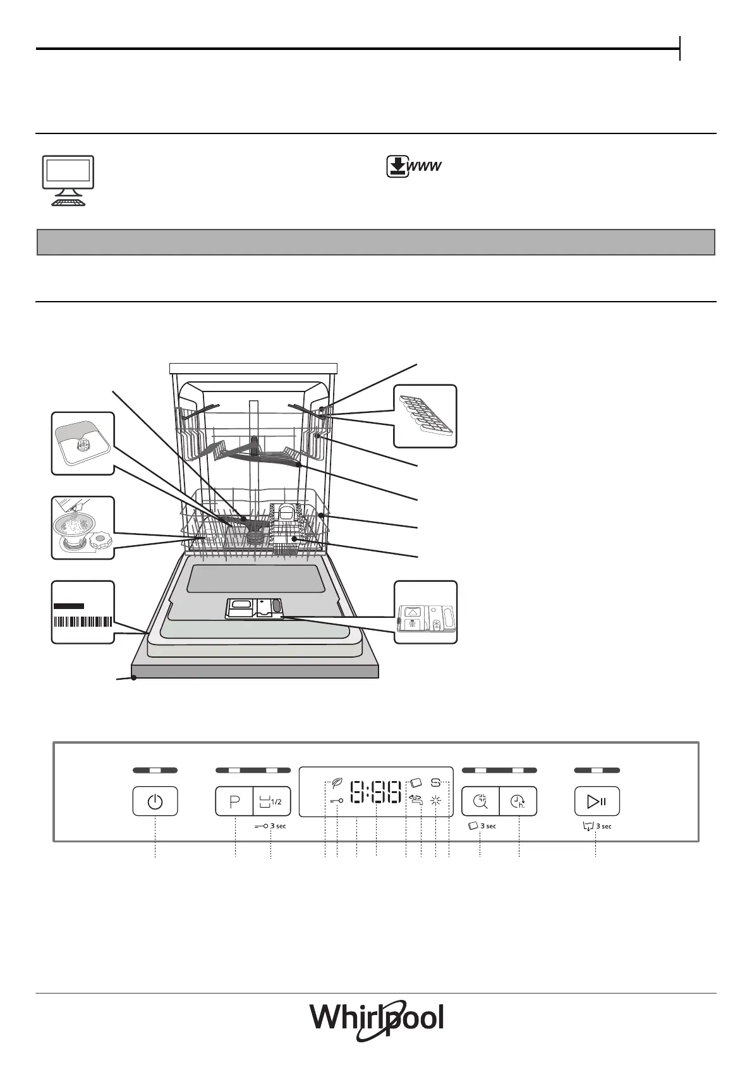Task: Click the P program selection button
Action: tap(234, 802)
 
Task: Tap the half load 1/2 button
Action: tap(272, 802)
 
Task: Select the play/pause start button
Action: tap(597, 802)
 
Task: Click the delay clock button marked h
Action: tap(518, 802)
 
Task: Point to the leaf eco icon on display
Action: tap(337, 783)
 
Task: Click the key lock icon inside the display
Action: tap(337, 801)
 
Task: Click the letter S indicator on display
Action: tap(436, 782)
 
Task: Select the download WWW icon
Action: tap(414, 166)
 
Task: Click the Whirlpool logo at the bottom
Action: tap(377, 1020)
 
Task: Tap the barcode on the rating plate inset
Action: tap(83, 620)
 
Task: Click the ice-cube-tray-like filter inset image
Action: tap(425, 416)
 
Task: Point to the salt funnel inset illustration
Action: tap(83, 527)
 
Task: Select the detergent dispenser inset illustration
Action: tap(425, 612)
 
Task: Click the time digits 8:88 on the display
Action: tap(376, 792)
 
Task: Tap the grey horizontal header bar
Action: tap(376, 242)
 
